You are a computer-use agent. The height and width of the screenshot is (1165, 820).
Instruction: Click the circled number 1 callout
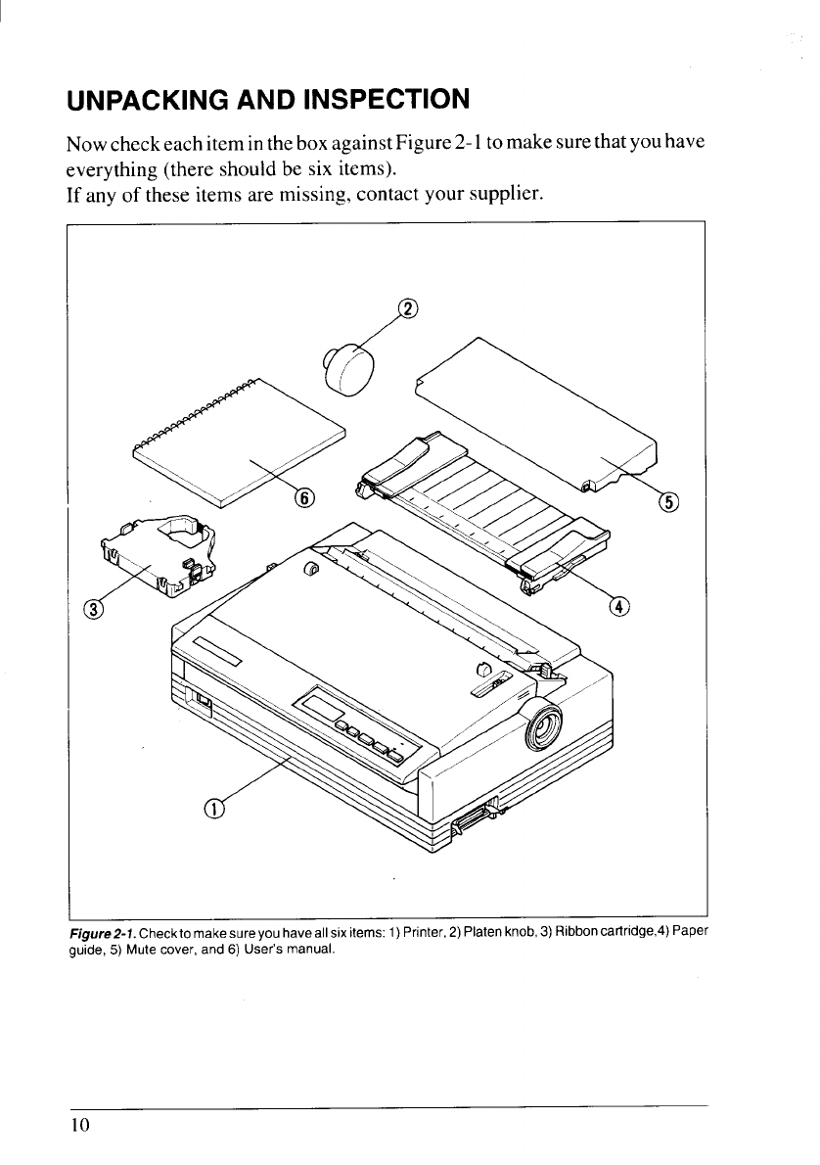(212, 808)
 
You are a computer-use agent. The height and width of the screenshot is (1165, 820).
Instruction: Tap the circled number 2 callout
(409, 310)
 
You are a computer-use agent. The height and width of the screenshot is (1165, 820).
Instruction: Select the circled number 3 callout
(94, 611)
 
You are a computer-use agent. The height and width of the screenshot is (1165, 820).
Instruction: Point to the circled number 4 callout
(619, 606)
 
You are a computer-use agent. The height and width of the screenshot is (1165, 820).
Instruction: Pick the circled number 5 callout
(670, 502)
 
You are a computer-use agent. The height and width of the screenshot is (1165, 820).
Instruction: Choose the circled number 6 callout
(305, 497)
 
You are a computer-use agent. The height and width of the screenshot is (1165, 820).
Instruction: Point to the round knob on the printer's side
(541, 725)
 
